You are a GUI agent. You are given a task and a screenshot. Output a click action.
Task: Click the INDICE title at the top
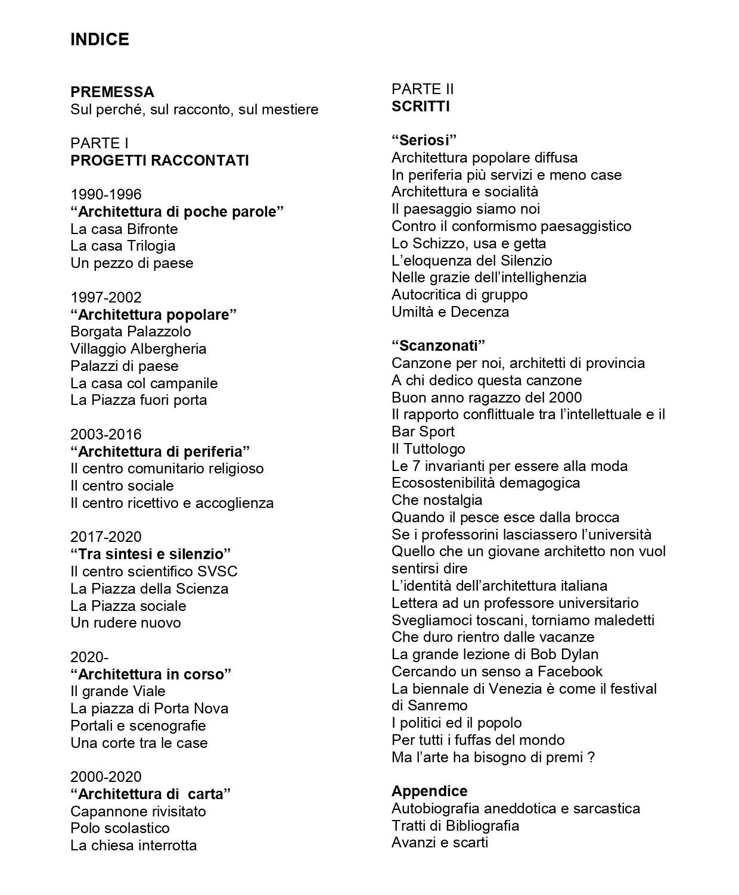tap(100, 39)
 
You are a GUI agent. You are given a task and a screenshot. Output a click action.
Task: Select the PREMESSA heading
tap(112, 92)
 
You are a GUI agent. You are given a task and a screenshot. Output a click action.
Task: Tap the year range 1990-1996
tap(106, 194)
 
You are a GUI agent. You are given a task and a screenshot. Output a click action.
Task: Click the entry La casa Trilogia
tap(123, 246)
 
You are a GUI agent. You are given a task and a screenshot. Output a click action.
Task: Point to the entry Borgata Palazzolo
tap(131, 331)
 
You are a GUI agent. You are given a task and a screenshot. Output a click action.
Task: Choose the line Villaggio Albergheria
tap(138, 348)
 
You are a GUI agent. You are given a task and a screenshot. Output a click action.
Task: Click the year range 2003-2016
tap(106, 434)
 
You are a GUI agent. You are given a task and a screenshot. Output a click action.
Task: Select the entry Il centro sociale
tap(122, 485)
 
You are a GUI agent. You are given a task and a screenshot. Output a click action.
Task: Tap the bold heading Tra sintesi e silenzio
tap(150, 554)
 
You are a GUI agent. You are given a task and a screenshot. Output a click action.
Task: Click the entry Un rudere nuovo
tap(125, 623)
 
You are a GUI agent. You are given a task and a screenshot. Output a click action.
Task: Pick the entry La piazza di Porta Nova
tap(149, 709)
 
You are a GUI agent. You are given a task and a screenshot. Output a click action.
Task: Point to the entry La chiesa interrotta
tap(133, 846)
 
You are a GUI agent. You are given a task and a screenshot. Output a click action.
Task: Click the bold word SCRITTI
tap(421, 107)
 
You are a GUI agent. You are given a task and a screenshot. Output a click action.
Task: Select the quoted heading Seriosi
tap(424, 141)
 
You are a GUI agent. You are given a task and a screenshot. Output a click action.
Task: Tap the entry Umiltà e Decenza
tap(450, 312)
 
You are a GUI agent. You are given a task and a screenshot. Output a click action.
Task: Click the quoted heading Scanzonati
tap(439, 345)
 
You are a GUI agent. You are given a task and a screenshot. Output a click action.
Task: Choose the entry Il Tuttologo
tap(428, 448)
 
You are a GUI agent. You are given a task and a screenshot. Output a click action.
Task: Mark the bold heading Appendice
tap(429, 791)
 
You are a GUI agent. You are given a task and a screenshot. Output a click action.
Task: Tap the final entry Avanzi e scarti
tap(439, 843)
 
